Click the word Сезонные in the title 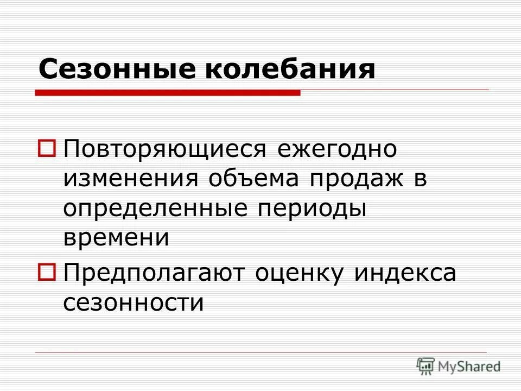114,70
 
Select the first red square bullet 47,148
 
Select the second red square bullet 47,272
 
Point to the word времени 116,238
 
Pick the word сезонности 134,302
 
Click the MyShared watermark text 469,367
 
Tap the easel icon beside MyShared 425,365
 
